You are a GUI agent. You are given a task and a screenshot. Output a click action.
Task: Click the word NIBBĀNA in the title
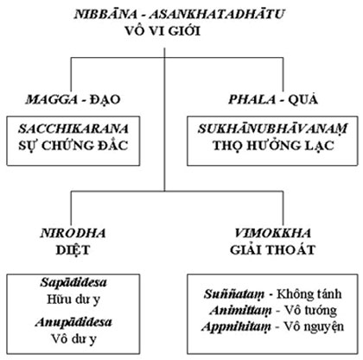pos(105,14)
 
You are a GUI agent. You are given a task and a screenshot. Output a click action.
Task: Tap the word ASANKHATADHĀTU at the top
pos(217,14)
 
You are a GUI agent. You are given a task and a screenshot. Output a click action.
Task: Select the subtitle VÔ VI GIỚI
pos(162,30)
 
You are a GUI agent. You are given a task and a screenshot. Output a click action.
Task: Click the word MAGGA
pos(52,99)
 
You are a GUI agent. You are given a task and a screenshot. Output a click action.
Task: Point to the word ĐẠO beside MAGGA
pos(105,99)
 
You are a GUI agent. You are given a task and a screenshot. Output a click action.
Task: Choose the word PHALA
pos(252,99)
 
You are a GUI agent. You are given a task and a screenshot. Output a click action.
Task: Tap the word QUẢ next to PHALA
pos(302,99)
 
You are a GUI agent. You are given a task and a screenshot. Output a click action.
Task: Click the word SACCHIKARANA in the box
pos(73,129)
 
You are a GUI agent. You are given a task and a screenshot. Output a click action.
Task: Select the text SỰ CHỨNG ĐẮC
pos(73,145)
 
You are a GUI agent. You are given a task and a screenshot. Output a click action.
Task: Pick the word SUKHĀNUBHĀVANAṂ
pos(272,129)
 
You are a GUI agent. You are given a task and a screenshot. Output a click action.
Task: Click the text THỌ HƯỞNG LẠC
pos(273,145)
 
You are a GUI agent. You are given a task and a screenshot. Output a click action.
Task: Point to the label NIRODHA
pos(73,233)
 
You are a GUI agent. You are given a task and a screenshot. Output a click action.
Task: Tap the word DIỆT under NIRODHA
pos(73,249)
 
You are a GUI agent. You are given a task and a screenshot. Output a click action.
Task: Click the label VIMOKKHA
pos(272,233)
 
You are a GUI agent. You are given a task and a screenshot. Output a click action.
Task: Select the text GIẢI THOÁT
pos(272,249)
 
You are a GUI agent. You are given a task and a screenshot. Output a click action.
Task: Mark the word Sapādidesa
pos(73,282)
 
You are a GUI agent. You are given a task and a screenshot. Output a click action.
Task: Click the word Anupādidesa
pos(73,322)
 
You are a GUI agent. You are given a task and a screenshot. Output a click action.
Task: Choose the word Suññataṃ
pos(234,294)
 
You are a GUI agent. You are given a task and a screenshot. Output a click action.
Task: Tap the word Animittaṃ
pos(240,311)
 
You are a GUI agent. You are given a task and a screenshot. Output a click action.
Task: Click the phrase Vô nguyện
pos(314,326)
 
